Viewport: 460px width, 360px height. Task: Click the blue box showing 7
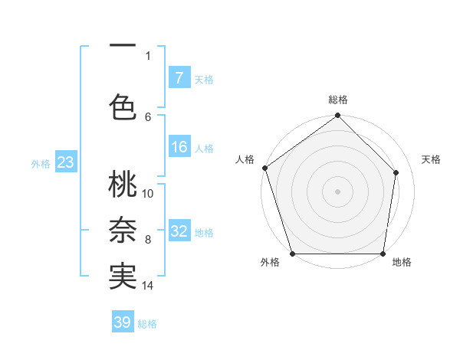179,78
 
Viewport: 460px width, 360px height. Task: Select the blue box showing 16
179,148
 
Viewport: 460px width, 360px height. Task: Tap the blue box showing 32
179,231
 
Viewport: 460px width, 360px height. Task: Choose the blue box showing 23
64,162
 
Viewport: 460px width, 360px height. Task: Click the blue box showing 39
123,322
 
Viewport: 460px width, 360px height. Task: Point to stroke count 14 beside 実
148,286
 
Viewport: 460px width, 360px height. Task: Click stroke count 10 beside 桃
148,193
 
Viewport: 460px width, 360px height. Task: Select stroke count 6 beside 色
148,116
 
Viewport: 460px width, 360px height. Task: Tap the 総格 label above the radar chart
338,100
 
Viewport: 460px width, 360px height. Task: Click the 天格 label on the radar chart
431,159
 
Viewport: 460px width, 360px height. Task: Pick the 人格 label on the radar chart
245,159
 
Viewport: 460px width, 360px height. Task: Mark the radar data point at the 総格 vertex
338,116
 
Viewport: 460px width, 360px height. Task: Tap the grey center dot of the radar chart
338,191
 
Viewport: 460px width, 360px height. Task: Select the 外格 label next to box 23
41,163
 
